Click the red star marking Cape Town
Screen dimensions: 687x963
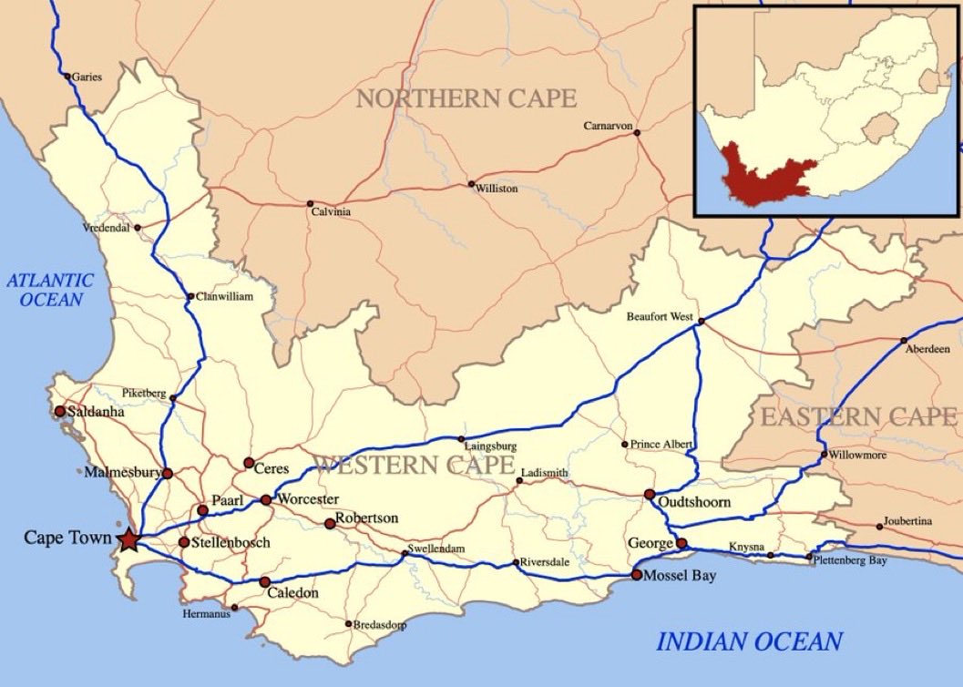point(128,539)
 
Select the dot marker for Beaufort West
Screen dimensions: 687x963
point(701,322)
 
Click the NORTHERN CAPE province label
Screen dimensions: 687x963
point(466,98)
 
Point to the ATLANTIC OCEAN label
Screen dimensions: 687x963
point(50,290)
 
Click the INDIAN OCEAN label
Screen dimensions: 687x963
point(749,641)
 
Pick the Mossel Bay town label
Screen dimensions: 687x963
point(680,576)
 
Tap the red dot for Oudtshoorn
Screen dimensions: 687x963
point(650,495)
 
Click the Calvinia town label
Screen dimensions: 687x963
point(331,212)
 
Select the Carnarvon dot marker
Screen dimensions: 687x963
point(637,133)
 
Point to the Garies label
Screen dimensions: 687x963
point(87,77)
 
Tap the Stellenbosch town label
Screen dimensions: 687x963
point(231,543)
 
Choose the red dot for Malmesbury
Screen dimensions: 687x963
point(167,473)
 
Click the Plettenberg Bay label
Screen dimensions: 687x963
point(851,561)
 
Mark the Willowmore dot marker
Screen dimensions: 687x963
point(824,454)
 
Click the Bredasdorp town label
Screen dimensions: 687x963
point(380,625)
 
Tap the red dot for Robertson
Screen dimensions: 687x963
point(330,524)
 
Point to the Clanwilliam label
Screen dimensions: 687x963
point(224,297)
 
